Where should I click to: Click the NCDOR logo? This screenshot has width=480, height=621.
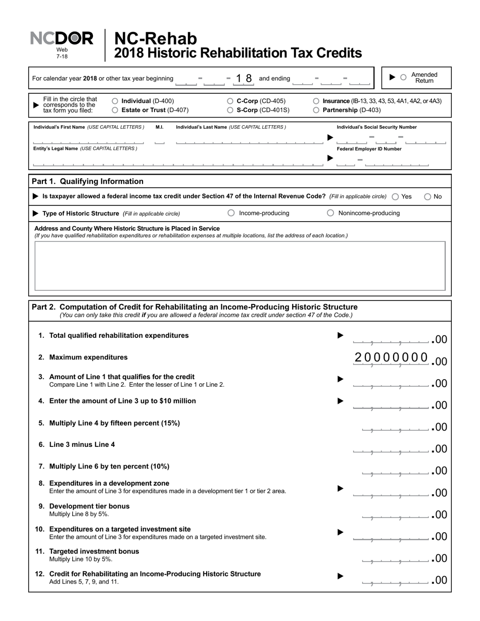[62, 38]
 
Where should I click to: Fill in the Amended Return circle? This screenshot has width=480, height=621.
[403, 77]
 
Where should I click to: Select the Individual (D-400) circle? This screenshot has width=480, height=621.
[115, 101]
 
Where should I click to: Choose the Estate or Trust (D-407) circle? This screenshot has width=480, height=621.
[115, 110]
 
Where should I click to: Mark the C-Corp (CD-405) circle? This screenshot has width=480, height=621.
[230, 101]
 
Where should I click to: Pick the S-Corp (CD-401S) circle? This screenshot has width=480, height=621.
[230, 110]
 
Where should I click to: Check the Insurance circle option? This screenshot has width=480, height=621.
[316, 101]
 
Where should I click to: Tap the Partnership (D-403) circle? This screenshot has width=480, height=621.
[316, 110]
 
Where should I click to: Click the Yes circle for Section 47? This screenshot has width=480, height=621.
[395, 196]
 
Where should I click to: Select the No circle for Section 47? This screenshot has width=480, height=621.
[427, 196]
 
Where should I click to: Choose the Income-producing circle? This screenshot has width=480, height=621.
[231, 213]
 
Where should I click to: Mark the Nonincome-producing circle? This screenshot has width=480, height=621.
[330, 213]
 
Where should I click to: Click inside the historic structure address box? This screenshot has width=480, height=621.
[239, 266]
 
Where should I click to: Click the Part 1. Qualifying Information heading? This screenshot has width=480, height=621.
[87, 181]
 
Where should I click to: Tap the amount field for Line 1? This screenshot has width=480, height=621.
[392, 339]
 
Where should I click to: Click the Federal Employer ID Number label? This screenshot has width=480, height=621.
[369, 149]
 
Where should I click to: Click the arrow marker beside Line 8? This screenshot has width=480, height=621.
[340, 488]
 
